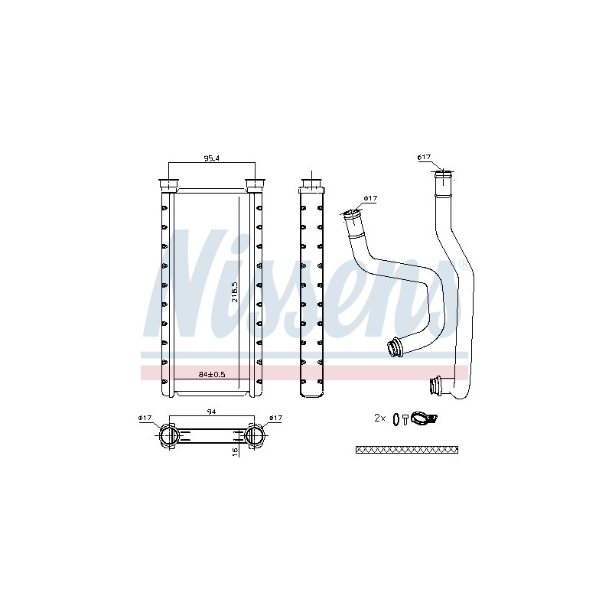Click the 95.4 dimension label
coord(211,158)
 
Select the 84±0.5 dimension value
coord(212,374)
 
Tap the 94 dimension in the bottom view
coord(210,412)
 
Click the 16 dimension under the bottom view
coord(235,451)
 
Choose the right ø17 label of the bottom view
coord(275,418)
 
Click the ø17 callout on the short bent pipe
coord(371,199)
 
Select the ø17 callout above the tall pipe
coord(424,158)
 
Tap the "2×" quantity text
coord(379,418)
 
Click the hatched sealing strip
coord(407,449)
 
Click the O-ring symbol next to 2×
coord(395,418)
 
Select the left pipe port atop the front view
coord(167,184)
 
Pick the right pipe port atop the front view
coord(255,184)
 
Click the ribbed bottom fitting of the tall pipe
coord(438,386)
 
